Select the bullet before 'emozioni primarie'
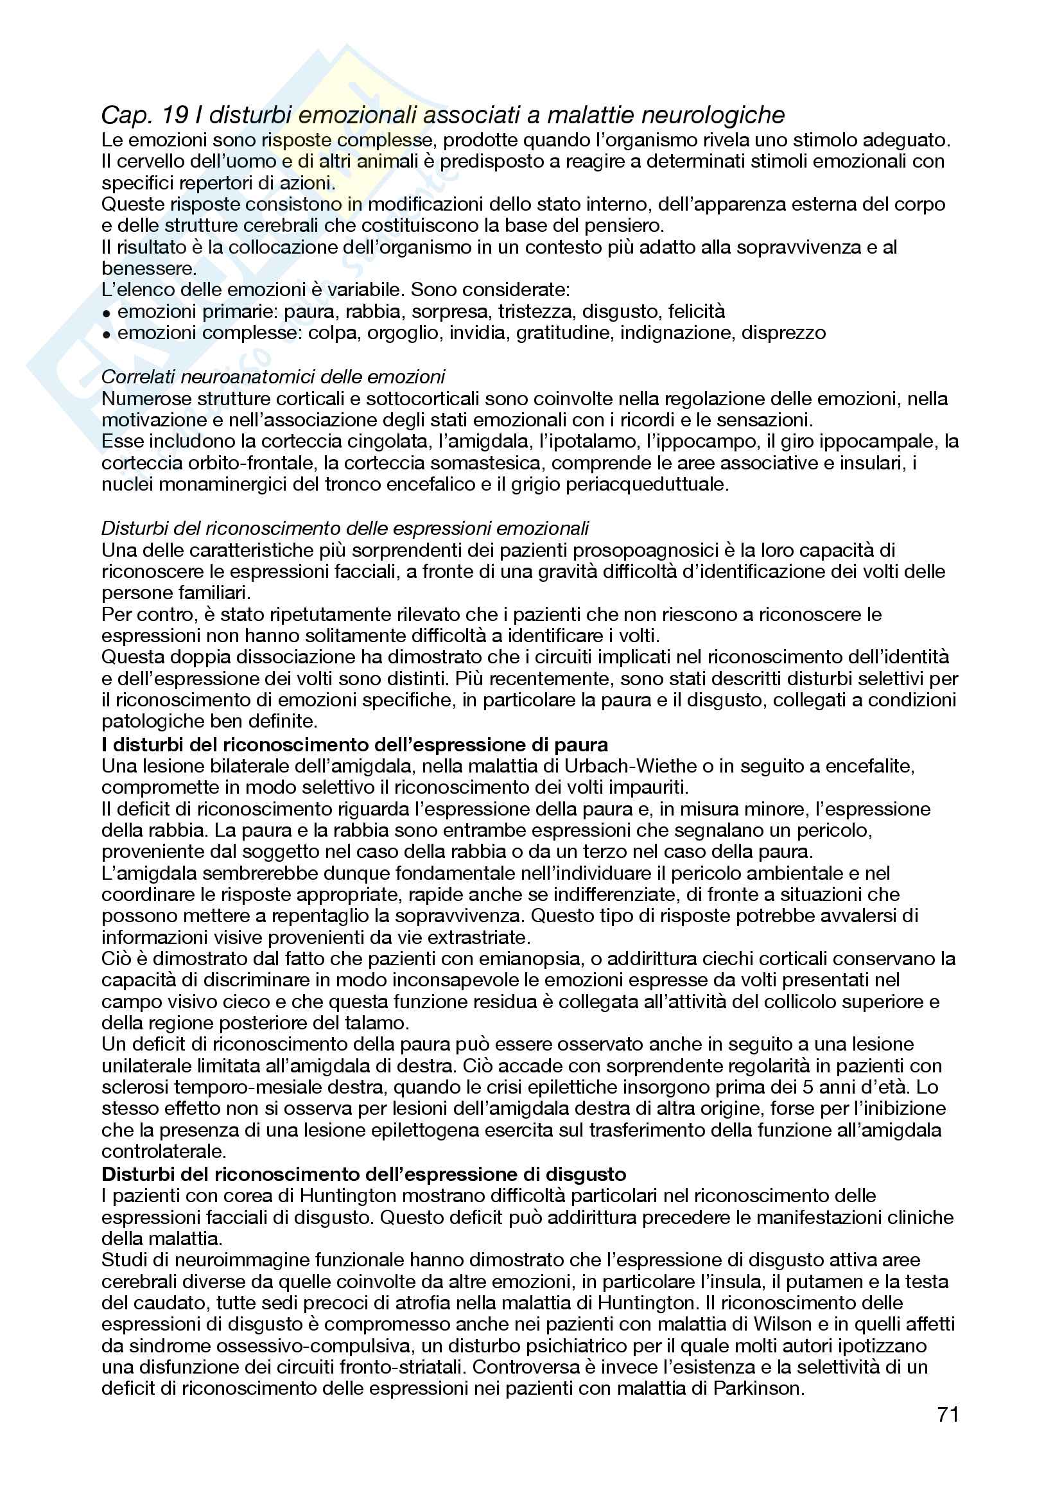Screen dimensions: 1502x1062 (x=107, y=313)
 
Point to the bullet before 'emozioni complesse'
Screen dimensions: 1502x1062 (x=107, y=335)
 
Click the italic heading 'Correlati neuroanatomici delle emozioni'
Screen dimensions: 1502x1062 (x=274, y=377)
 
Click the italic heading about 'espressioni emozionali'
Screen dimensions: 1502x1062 (x=345, y=528)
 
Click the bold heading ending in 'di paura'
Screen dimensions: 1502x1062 (x=354, y=744)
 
